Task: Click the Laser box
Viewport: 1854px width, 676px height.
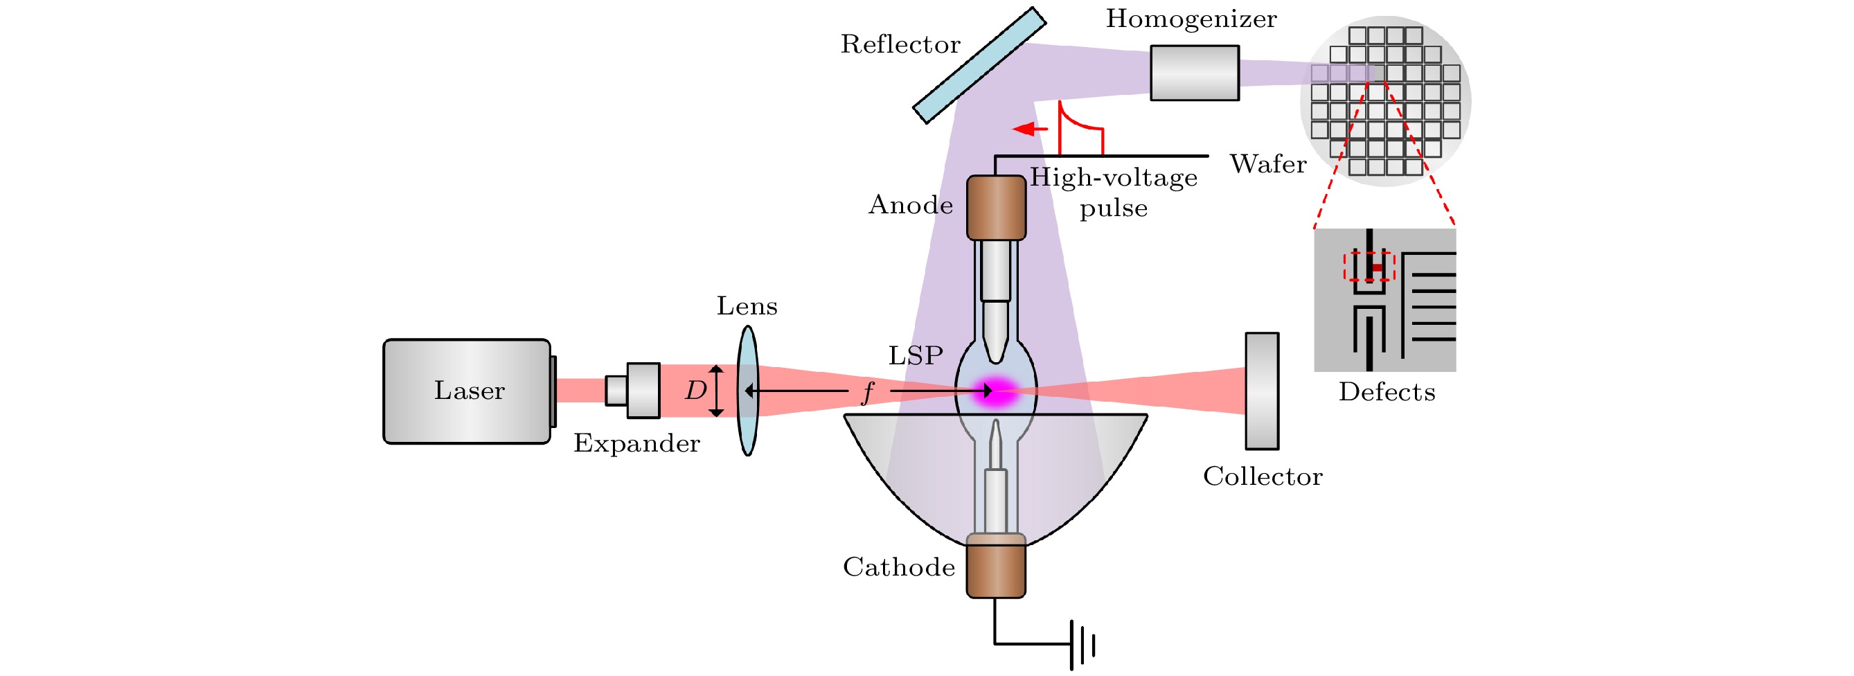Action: click(466, 391)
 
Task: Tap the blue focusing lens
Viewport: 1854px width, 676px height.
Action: click(748, 391)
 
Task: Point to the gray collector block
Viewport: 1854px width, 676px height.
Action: click(1262, 391)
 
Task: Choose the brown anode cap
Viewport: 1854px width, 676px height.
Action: click(995, 208)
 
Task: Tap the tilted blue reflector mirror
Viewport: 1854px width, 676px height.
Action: click(979, 66)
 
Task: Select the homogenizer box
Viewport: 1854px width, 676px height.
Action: click(1194, 73)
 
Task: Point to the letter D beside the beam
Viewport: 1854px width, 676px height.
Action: click(695, 391)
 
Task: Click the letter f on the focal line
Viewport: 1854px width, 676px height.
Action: click(868, 392)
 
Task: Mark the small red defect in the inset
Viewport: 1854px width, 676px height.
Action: click(1377, 268)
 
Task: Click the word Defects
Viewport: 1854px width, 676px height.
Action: click(1387, 392)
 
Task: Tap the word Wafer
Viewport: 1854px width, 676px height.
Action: click(1267, 164)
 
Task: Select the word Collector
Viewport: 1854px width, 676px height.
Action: click(1263, 477)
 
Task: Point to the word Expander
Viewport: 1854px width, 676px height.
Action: click(636, 443)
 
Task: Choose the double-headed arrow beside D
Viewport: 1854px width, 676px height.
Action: click(716, 391)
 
